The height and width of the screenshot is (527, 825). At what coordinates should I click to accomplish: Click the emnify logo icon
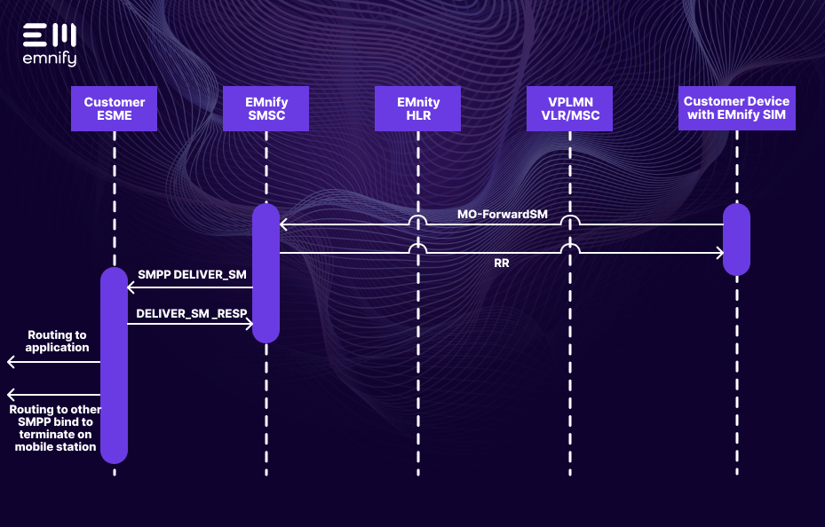coord(50,35)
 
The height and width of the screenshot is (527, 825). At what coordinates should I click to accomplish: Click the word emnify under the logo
coord(50,59)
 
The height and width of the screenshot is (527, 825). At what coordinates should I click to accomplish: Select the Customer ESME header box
coord(114,108)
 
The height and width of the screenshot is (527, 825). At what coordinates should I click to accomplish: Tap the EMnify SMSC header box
coord(266,108)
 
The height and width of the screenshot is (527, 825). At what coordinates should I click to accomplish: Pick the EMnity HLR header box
coord(418,108)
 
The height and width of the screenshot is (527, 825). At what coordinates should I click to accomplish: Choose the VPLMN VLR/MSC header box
coord(570,108)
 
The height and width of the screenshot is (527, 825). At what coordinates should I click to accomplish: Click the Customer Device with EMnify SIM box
coord(736,108)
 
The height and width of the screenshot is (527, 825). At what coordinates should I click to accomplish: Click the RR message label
coord(502,263)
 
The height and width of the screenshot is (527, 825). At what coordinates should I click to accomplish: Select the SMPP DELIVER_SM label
coord(192,275)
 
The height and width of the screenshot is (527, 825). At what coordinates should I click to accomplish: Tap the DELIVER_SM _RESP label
coord(192,313)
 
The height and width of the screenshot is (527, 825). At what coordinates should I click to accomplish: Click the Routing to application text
coord(57,341)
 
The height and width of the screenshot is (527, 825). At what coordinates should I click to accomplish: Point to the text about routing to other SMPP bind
coord(55,429)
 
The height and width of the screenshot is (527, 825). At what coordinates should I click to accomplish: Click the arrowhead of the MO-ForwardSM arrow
coord(283,224)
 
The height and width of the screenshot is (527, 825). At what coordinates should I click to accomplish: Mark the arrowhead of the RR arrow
coord(720,254)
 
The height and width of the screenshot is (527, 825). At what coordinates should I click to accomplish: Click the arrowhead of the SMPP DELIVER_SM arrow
coord(131,287)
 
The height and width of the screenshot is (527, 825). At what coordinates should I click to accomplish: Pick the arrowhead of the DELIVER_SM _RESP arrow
coord(250,324)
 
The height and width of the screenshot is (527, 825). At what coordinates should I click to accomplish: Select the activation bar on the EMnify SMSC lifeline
coord(266,273)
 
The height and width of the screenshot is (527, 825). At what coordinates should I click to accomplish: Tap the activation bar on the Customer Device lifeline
coord(736,240)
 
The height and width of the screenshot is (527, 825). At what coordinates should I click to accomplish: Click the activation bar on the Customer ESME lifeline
coord(114,365)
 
